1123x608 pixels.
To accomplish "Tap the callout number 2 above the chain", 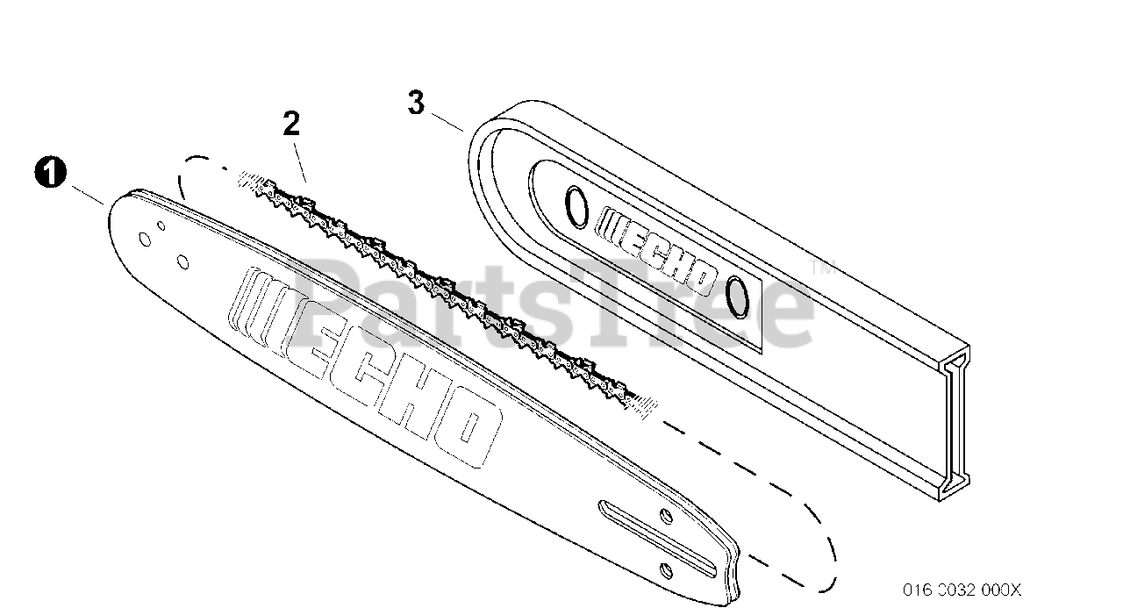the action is tap(291, 124).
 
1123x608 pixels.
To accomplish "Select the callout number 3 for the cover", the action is tap(417, 103).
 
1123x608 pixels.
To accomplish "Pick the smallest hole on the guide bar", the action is tap(161, 225).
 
